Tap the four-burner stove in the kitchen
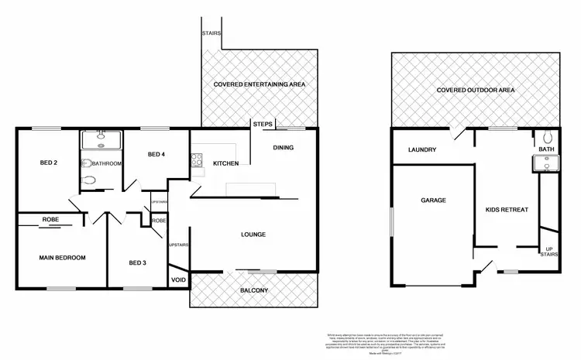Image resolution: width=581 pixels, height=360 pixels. point(195,161)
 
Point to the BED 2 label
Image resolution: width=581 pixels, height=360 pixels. point(50,163)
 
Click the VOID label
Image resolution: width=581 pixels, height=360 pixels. point(178,280)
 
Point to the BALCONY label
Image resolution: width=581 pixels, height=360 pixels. point(253,290)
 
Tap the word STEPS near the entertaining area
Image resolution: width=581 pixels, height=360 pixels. point(261,124)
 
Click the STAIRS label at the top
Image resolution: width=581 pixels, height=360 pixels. point(211,34)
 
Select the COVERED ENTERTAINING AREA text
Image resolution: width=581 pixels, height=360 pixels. point(260,84)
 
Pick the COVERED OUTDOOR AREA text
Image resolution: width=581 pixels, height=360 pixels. point(476,91)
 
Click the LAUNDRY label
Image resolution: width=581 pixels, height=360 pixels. point(423,149)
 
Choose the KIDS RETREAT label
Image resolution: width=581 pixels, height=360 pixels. point(503,210)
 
